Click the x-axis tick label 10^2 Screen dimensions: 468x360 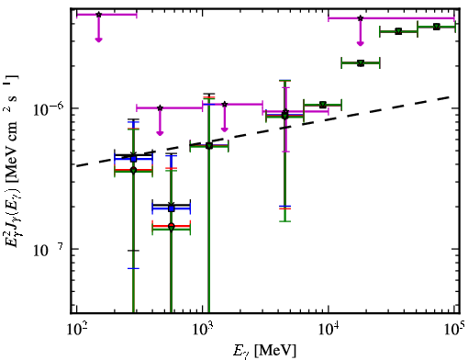click(x=76, y=331)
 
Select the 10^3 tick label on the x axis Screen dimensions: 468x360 click(x=203, y=331)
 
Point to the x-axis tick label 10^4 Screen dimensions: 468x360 click(x=329, y=331)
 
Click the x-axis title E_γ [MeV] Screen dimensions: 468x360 click(x=264, y=351)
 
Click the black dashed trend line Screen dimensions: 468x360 click(x=264, y=130)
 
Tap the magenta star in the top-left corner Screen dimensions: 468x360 click(x=98, y=15)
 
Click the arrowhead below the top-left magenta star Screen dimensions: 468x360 click(x=98, y=39)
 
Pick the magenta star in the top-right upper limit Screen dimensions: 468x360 click(x=361, y=18)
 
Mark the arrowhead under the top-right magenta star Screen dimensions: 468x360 click(x=361, y=43)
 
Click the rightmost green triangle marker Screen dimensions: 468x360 click(x=437, y=27)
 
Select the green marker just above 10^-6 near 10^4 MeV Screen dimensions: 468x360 click(x=322, y=105)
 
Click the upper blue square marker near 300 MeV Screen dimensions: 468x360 click(x=133, y=159)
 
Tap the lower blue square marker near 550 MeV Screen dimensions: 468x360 click(x=172, y=208)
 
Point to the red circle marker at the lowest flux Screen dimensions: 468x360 click(x=172, y=226)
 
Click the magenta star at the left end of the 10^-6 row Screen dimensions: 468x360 click(x=160, y=107)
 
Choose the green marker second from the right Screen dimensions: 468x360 click(x=398, y=31)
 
